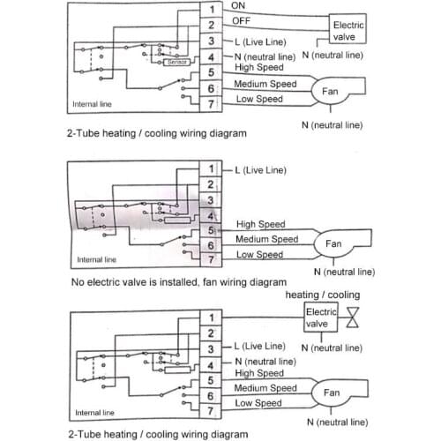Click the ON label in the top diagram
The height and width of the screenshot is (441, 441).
(239, 5)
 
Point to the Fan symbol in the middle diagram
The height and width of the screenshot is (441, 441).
(333, 244)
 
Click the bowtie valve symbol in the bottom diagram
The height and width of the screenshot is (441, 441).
(354, 318)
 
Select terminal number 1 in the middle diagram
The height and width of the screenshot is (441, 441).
(212, 168)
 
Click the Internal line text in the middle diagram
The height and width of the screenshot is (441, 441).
(96, 260)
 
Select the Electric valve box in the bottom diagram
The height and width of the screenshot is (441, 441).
(320, 318)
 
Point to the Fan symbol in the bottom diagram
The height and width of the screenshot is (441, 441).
(333, 393)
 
